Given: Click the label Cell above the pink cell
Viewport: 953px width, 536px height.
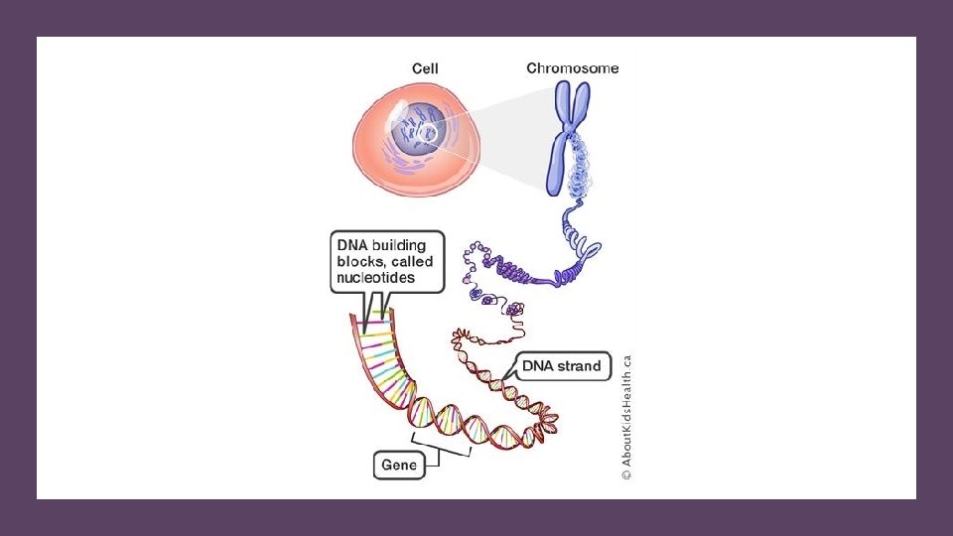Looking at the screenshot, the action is (x=425, y=68).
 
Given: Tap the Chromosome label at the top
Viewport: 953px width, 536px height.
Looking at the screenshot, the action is (x=572, y=68).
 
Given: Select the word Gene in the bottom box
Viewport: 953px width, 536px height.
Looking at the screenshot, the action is (x=399, y=464).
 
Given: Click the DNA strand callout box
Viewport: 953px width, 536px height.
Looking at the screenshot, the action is (x=561, y=365).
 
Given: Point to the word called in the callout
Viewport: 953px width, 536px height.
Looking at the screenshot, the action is (x=412, y=262).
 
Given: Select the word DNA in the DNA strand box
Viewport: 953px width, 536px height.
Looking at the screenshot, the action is (x=538, y=365).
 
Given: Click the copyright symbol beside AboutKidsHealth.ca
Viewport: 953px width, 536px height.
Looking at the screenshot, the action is (x=627, y=475).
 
